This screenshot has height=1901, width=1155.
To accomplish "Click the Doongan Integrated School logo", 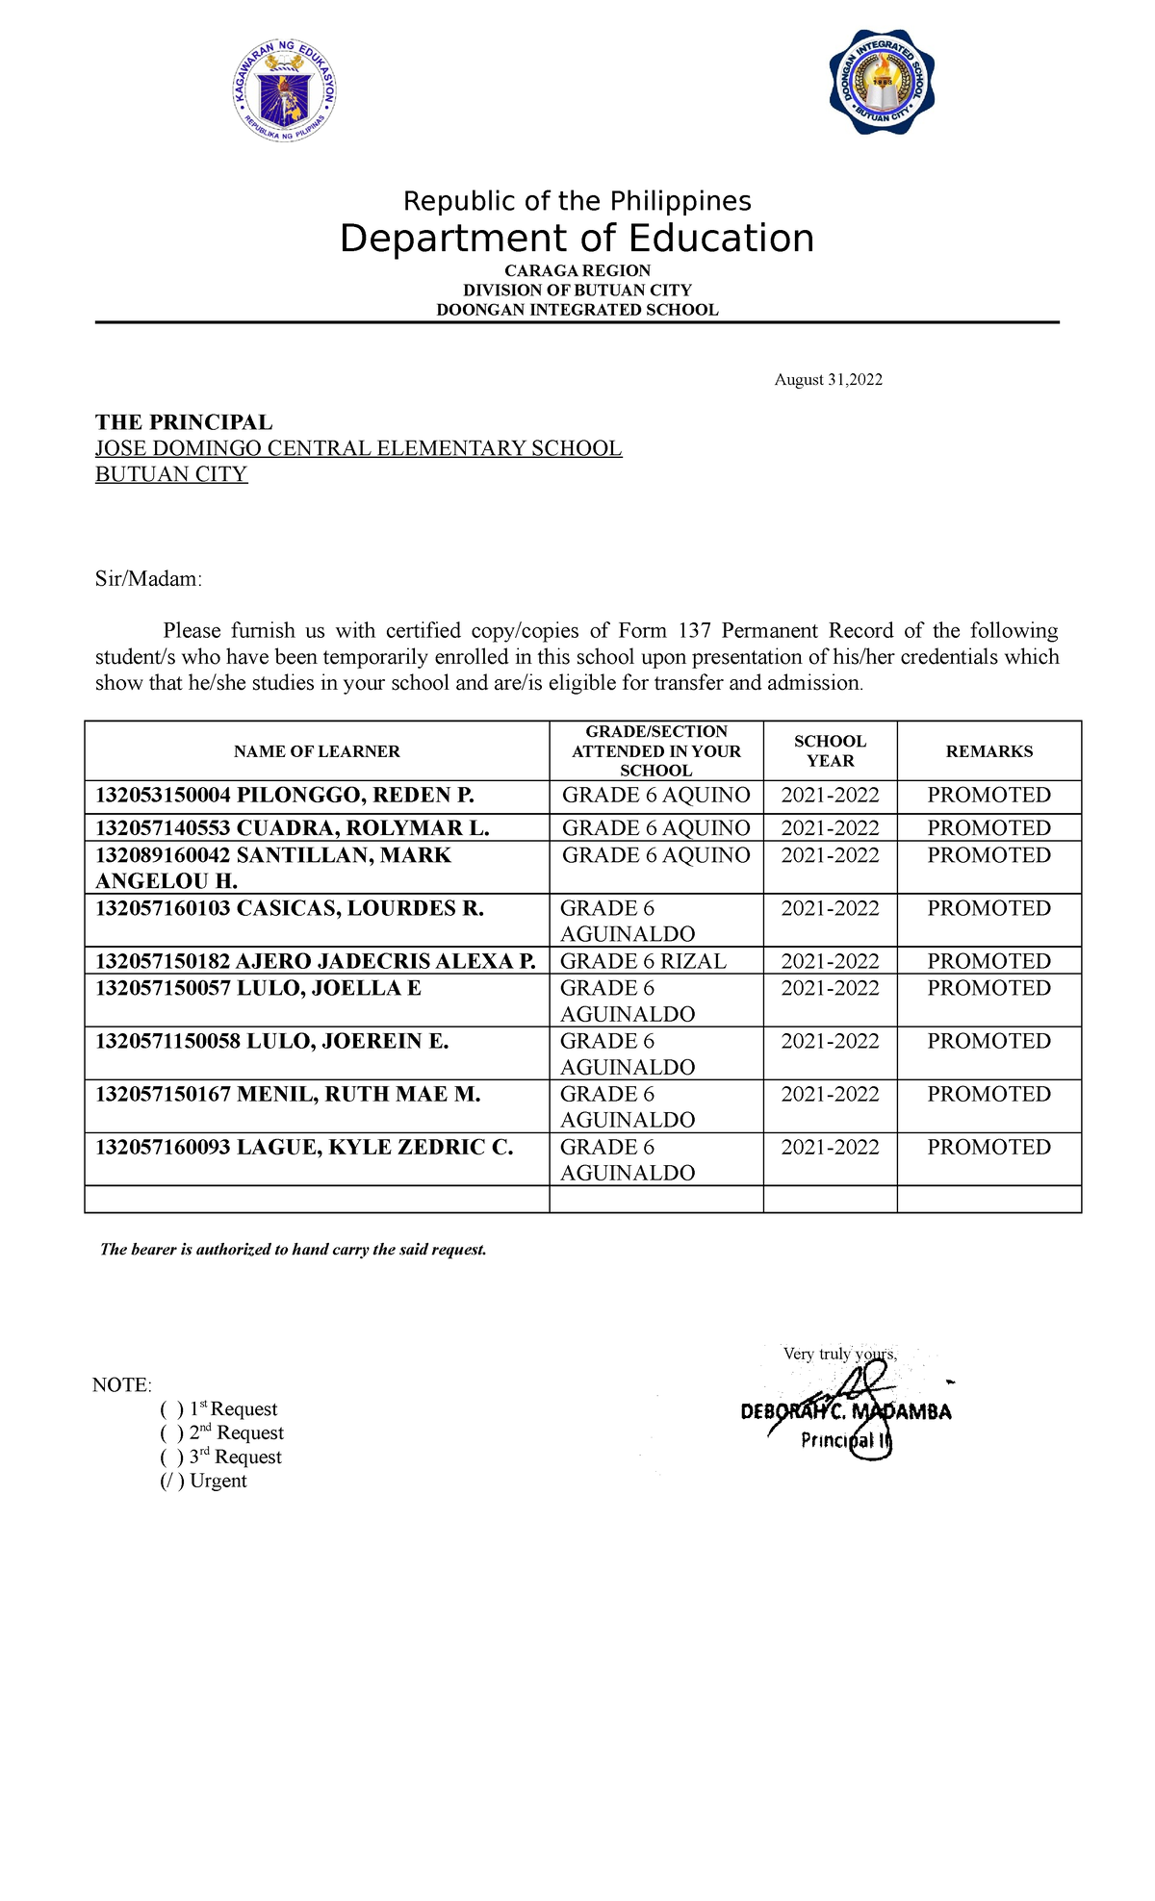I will tap(882, 84).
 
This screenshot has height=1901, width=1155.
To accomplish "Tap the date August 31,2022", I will tap(828, 380).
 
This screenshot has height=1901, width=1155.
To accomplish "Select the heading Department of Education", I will tap(577, 239).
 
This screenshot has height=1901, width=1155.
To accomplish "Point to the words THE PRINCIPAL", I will tap(184, 422).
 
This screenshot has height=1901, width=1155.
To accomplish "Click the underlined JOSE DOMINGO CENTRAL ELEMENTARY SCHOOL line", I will tap(358, 448).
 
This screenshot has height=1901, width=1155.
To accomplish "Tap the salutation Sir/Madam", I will tap(148, 579).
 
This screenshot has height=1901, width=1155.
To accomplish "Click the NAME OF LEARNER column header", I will tap(317, 751).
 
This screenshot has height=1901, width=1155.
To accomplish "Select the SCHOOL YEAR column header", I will tap(830, 751).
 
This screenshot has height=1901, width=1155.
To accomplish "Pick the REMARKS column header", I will tap(988, 751).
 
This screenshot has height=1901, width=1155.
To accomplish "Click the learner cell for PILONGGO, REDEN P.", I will tap(285, 796).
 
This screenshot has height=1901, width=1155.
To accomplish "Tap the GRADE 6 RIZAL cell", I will tap(643, 961).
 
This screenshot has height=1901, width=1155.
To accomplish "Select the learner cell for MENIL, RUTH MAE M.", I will tap(288, 1095).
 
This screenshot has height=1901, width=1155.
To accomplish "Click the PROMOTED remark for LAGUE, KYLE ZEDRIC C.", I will tap(988, 1148).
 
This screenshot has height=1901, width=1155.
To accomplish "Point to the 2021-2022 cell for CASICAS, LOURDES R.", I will tap(830, 909).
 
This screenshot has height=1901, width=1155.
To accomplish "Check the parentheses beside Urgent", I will tap(171, 1482).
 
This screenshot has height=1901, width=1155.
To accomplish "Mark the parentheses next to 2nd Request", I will tap(171, 1433).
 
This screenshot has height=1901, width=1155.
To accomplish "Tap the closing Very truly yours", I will tap(839, 1355).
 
